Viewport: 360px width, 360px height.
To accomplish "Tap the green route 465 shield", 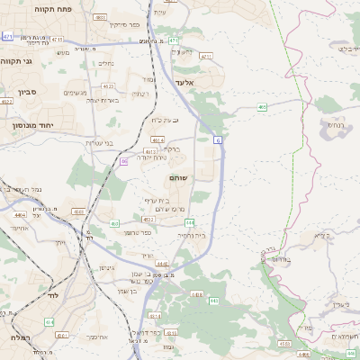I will tap(262, 107).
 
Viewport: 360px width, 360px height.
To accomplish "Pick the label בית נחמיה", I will tap(192, 235).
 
